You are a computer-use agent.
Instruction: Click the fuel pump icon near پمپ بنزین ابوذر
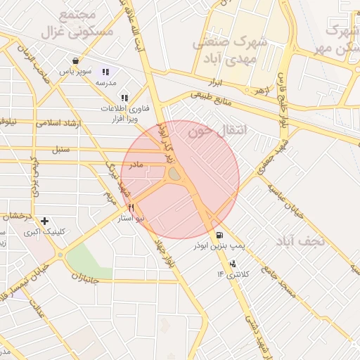pos(220,236)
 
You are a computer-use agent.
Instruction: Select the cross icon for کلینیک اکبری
pos(46,221)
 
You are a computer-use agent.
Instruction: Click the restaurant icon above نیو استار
pos(131,208)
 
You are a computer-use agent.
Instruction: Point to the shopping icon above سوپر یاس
pos(75,60)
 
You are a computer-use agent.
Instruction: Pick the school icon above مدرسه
pos(106,72)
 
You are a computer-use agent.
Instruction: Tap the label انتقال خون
pos(210,131)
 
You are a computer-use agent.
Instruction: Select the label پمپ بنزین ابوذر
pos(220,247)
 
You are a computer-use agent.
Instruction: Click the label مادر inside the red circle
pos(135,164)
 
